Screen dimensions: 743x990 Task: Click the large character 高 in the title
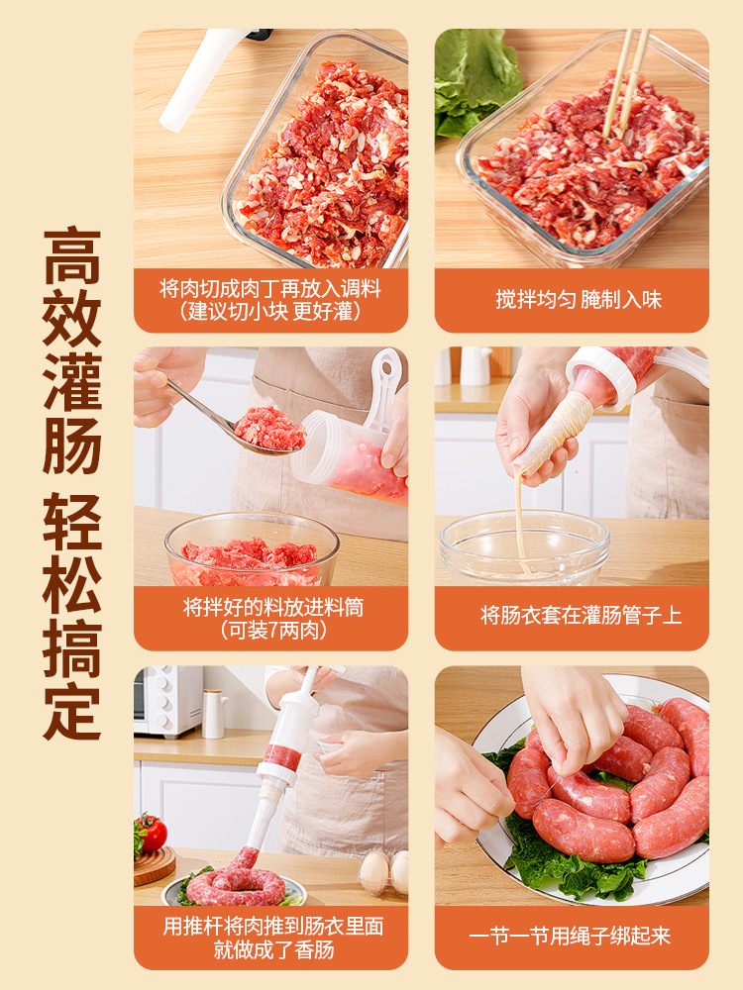[72, 257]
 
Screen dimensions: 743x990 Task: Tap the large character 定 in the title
[72, 711]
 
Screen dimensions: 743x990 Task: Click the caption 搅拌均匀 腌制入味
[579, 299]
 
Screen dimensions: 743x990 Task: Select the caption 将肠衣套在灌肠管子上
[581, 615]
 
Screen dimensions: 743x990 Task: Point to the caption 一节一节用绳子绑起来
[570, 936]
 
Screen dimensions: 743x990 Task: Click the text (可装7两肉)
[273, 630]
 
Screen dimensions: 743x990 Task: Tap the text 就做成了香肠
[273, 949]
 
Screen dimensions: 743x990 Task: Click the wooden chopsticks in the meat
[624, 82]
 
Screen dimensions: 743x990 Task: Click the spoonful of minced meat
[269, 428]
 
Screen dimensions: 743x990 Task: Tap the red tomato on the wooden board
[152, 833]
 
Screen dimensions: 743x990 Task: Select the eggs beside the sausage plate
[383, 873]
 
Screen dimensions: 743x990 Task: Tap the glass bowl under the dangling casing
[524, 548]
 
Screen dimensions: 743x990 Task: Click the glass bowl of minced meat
[252, 549]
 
